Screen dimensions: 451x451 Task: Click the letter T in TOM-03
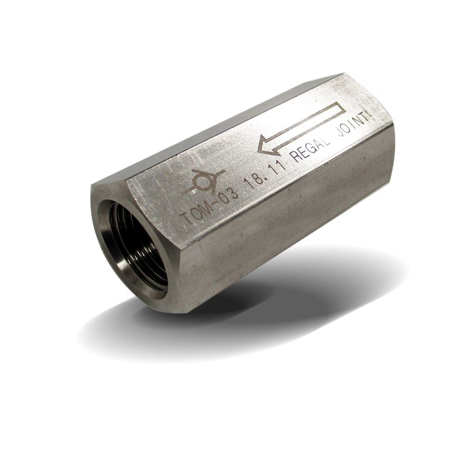click(x=188, y=218)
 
